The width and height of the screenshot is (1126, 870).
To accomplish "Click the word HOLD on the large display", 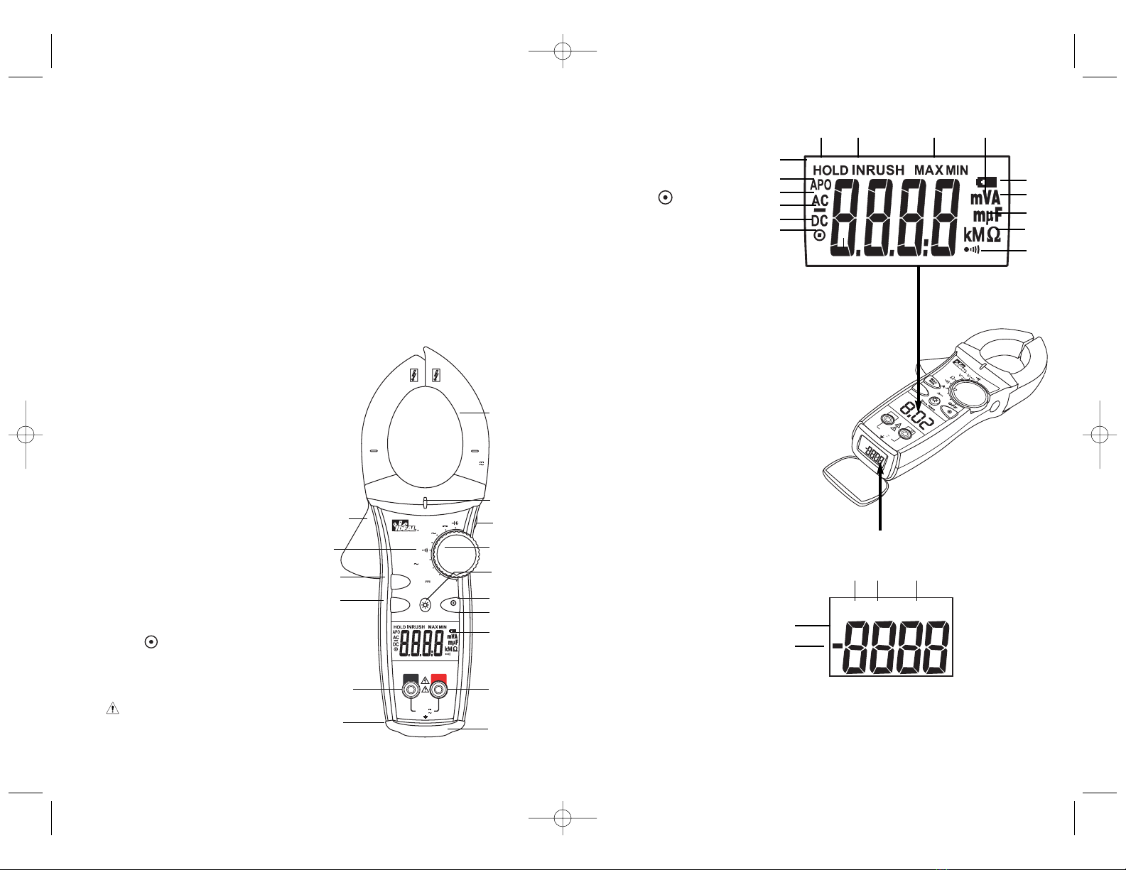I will point(830,170).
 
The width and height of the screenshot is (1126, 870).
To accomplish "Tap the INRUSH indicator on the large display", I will point(878,170).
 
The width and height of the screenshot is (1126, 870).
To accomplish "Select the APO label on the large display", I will point(821,185).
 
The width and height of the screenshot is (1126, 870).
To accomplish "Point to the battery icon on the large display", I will point(987,182).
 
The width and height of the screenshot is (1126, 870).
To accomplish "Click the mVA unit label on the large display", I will point(985,198).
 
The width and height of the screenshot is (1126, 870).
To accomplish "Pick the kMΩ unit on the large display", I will point(982,234).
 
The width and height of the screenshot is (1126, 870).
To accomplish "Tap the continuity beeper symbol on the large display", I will point(971,250).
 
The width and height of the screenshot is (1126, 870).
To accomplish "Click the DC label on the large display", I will point(819,221).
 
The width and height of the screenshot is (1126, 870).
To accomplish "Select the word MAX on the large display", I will point(929,170).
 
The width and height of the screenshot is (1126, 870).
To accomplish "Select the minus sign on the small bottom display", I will point(838,646).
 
